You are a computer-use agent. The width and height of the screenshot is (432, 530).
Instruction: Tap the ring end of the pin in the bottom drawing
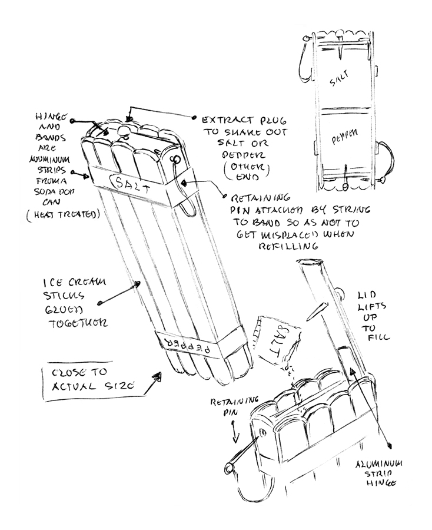click(x=227, y=468)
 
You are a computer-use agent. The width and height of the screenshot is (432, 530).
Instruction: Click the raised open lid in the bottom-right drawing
click(x=330, y=306)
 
